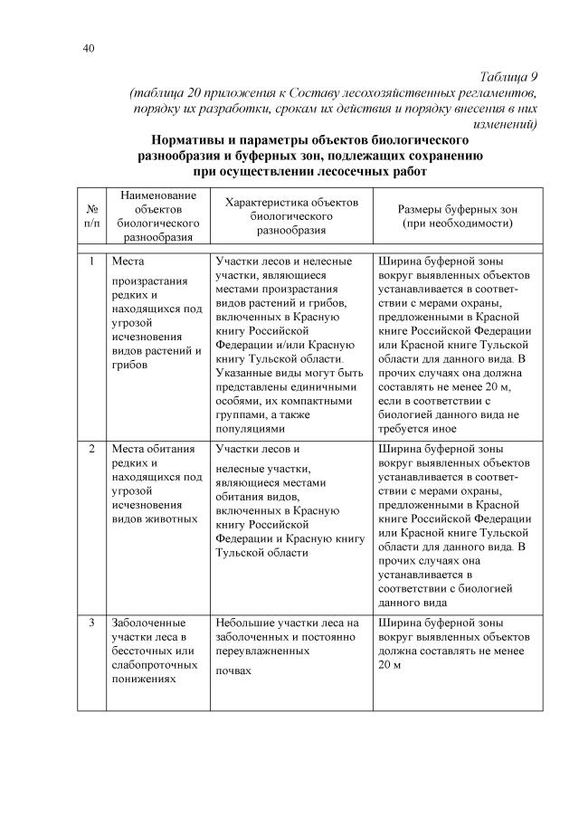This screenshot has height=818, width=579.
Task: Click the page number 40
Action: click(x=87, y=48)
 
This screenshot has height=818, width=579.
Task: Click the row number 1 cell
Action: click(x=91, y=262)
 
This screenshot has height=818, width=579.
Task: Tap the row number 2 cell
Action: click(x=91, y=449)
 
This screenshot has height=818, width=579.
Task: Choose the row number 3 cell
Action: click(x=91, y=623)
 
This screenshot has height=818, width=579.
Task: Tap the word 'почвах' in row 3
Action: click(x=234, y=671)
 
